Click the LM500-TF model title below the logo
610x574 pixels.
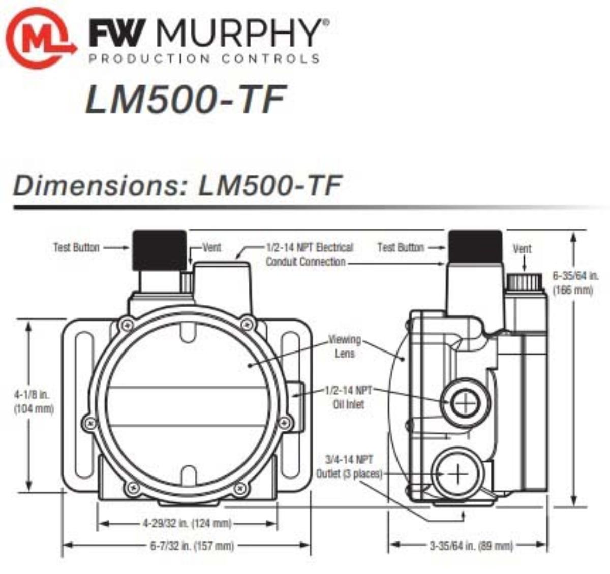coord(185,99)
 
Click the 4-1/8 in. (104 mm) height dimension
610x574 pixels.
coord(34,401)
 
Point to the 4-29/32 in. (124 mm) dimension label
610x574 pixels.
coord(187,523)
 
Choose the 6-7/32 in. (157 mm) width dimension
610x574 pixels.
coord(192,546)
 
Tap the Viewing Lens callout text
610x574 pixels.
coord(345,346)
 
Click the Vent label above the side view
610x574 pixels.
coord(522,249)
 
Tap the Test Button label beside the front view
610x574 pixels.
coord(76,248)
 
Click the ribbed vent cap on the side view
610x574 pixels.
coord(526,281)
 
